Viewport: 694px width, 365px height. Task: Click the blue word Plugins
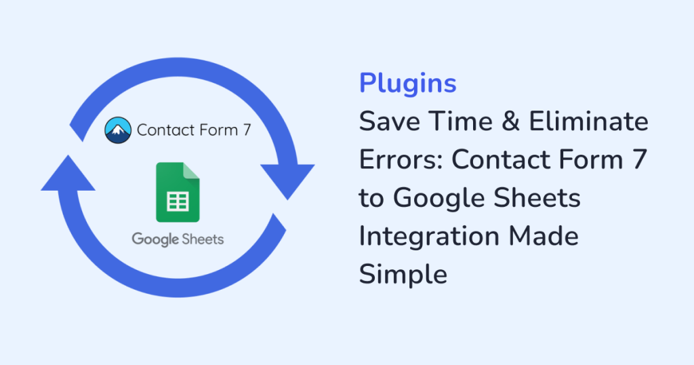[x=407, y=83]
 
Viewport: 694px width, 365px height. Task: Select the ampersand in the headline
[x=511, y=121]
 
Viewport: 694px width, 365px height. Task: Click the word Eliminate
[x=589, y=121]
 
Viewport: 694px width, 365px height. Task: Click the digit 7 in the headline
[x=640, y=159]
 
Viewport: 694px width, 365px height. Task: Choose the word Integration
[x=429, y=237]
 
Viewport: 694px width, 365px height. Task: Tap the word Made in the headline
[x=544, y=235]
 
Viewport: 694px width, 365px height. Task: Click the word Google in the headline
[x=438, y=199]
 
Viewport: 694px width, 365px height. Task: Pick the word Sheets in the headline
[x=537, y=197]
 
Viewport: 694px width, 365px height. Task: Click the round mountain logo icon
[x=118, y=130]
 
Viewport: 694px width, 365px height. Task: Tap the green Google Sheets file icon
[x=178, y=192]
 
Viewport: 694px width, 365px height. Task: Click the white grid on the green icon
[x=178, y=201]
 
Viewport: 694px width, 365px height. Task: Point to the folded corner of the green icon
[x=191, y=170]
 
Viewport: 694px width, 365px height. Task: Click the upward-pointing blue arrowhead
[x=68, y=174]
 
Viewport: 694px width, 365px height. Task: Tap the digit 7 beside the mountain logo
[x=247, y=130]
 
